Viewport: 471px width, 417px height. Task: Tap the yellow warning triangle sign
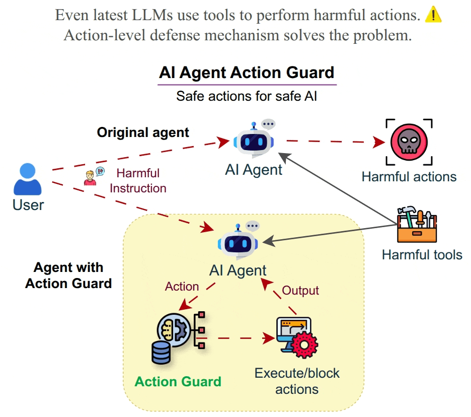click(433, 16)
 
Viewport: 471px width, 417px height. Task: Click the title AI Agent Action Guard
click(247, 73)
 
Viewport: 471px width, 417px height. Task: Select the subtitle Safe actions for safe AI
click(247, 96)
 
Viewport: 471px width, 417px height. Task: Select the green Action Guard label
click(178, 381)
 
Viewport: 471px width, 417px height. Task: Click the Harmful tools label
click(422, 254)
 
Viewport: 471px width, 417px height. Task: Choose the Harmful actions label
click(409, 176)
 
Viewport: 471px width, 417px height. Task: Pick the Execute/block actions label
click(297, 381)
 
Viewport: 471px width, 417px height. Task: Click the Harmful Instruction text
click(138, 181)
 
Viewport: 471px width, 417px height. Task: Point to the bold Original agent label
click(143, 132)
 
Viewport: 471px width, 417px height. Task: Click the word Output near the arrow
click(300, 291)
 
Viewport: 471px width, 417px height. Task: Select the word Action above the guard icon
click(182, 287)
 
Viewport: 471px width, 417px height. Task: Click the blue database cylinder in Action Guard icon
click(161, 354)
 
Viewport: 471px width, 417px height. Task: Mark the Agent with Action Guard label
click(68, 275)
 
